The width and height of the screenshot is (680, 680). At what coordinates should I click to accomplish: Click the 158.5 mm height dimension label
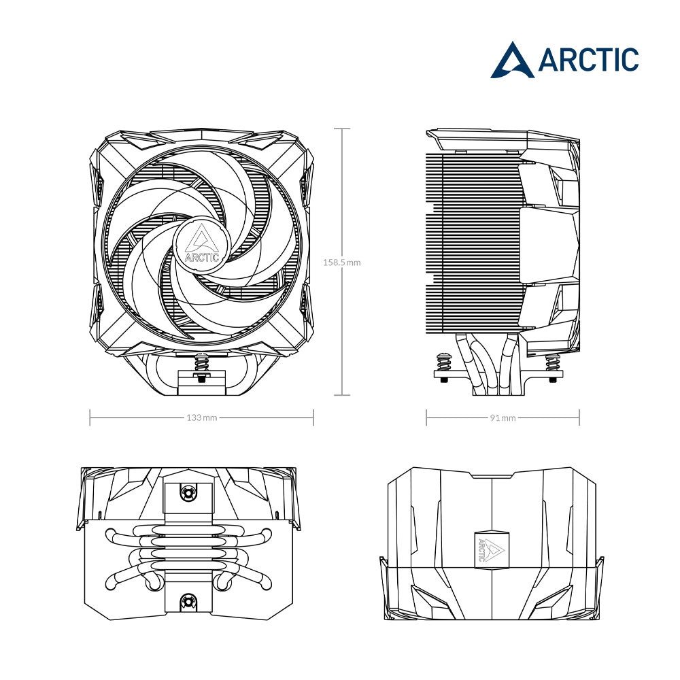point(342,262)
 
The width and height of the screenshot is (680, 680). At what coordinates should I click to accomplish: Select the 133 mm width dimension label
point(202,418)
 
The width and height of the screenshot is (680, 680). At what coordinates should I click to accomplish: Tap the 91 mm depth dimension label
point(503,418)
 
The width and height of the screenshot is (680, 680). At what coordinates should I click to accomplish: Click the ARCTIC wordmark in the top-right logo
point(588,59)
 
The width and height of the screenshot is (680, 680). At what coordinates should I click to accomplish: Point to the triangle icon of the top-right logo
point(513,61)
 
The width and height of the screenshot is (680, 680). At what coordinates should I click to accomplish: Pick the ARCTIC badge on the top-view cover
point(492,547)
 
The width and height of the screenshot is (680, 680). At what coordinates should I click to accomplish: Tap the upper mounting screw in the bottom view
point(188,492)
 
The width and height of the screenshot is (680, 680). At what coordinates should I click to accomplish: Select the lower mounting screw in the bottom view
point(188,601)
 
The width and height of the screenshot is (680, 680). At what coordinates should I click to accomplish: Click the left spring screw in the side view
point(444,367)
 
